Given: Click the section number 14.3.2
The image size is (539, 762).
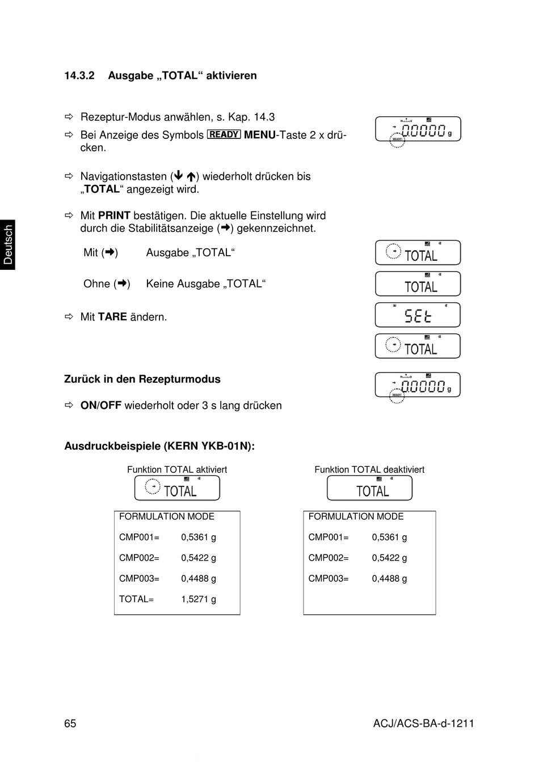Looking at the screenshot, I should click(79, 75).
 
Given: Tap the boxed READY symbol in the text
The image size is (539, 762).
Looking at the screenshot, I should click(224, 134).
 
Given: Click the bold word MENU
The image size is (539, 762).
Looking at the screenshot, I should click(259, 135).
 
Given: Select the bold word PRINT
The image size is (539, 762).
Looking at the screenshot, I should click(114, 215).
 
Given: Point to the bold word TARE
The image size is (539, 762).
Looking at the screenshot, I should click(112, 317).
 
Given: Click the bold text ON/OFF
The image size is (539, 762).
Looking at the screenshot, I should click(101, 405).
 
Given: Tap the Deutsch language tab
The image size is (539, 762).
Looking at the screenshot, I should click(8, 244).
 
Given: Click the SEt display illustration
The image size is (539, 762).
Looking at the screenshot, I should click(418, 315).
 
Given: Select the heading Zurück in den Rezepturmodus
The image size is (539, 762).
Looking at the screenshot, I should click(142, 379).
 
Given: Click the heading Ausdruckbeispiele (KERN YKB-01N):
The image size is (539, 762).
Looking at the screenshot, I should click(159, 446).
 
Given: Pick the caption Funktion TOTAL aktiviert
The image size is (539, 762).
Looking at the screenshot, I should click(177, 469).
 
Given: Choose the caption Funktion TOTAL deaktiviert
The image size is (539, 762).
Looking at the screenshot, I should click(369, 469).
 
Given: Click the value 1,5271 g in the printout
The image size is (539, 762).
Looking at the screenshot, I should click(199, 599).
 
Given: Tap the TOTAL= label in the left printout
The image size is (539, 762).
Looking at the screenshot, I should click(136, 599).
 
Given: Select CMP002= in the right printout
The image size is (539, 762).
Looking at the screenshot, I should click(329, 558).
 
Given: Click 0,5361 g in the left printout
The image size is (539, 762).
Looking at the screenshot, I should click(199, 537).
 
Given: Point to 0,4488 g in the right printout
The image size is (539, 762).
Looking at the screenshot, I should click(389, 578).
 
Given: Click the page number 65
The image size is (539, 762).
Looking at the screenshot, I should click(70, 723).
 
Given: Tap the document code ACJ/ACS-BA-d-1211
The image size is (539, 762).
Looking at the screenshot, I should click(423, 723).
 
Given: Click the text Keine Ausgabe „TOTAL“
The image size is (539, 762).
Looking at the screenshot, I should click(206, 283).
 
